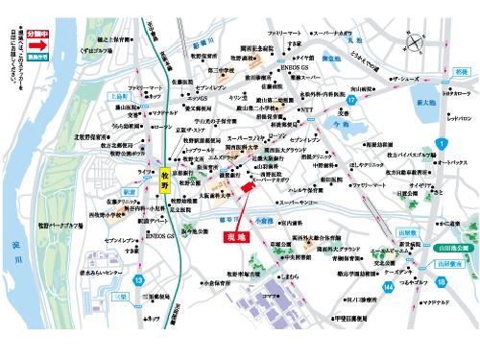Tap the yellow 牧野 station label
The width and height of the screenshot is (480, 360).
pos(164,180)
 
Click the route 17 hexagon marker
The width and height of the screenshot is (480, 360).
pos(352,99)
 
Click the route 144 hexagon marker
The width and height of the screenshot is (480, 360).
pos(388,288)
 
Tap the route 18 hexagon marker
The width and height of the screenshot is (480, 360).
pos(441,283)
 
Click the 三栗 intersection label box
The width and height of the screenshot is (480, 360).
pos(119,297)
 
